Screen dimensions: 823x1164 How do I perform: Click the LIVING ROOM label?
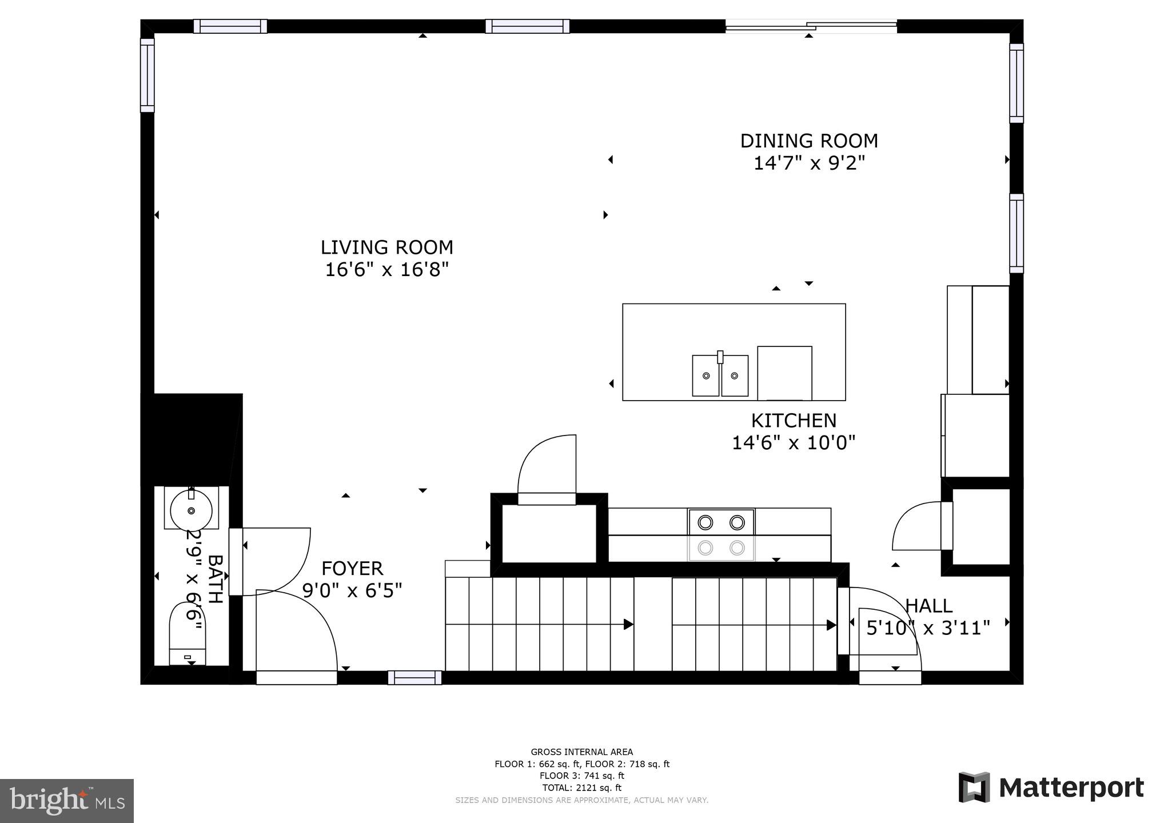tap(386, 247)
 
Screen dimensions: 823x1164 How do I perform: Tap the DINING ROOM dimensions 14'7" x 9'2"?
tap(808, 163)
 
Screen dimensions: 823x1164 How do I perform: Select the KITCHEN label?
tap(793, 421)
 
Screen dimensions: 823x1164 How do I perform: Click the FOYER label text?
tap(352, 569)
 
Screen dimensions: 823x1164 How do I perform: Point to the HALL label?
tap(928, 606)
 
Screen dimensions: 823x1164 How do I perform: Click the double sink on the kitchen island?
tap(720, 375)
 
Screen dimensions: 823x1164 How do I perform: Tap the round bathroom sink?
tap(191, 510)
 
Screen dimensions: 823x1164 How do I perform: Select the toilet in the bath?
tap(188, 634)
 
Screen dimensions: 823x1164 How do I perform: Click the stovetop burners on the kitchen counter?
tap(721, 534)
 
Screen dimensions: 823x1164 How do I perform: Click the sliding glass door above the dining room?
tap(811, 26)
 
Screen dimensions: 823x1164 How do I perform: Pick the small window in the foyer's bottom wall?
tap(414, 678)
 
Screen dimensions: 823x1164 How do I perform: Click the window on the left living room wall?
tap(148, 75)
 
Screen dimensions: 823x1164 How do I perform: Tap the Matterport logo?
tap(1051, 788)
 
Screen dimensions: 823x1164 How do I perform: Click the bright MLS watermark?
tap(67, 800)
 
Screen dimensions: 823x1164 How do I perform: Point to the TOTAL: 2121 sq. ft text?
tap(581, 788)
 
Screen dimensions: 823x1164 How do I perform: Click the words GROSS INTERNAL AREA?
tap(581, 752)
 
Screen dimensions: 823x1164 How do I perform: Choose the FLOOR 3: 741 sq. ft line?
tap(581, 776)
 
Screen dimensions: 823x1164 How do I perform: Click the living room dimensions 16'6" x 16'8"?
tap(386, 270)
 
